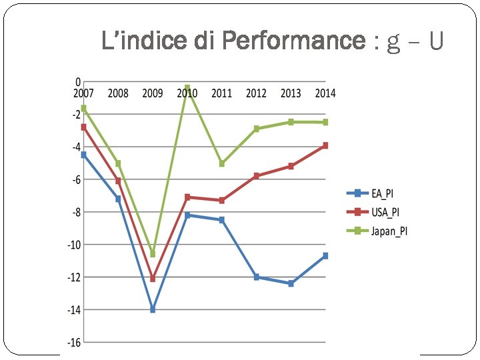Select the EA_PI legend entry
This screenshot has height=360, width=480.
coord(382,193)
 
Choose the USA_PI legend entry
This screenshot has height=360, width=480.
coord(384,212)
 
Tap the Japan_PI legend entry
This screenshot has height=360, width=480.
coord(387,231)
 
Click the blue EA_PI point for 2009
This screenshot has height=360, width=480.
coord(153,310)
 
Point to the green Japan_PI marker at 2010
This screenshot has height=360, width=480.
coord(187,87)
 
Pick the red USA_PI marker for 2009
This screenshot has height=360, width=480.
coord(153,279)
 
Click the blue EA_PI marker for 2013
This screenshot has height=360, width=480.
coord(291,283)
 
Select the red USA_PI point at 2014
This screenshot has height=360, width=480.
coord(325,145)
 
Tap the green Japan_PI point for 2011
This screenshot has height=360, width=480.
coord(222,163)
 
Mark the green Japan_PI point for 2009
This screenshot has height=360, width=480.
coord(153,254)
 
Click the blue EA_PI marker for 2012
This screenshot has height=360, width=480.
coord(256,277)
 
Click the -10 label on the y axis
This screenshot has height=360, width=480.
coord(73,245)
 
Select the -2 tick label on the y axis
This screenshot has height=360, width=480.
coord(76,114)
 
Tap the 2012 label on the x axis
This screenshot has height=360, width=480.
coord(256,93)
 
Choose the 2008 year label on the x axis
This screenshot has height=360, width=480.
coord(118,93)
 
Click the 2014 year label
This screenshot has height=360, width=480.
coord(325,93)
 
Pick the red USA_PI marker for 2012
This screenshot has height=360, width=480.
coord(256,176)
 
